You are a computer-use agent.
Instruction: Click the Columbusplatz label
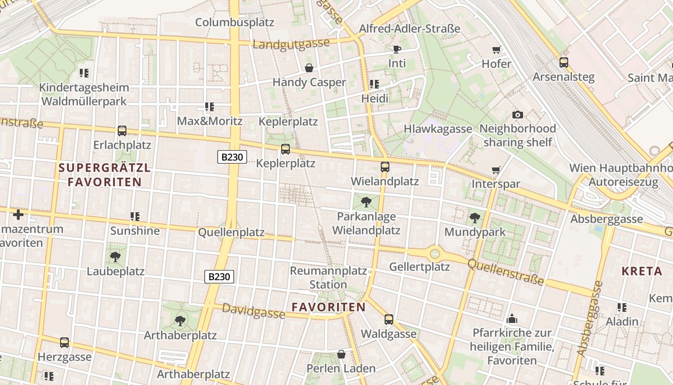tap(235, 22)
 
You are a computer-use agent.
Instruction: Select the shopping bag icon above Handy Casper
tap(309, 68)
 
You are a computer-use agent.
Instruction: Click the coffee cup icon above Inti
tap(397, 49)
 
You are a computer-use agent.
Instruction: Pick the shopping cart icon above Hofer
tap(497, 50)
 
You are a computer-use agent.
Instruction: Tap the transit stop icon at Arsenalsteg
tap(563, 63)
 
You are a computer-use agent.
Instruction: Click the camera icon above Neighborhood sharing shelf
tap(517, 115)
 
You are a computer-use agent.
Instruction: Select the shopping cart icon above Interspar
tap(496, 170)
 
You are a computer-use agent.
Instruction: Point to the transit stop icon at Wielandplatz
tap(385, 167)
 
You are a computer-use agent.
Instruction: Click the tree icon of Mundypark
tap(474, 218)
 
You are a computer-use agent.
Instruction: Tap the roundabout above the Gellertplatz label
tap(435, 253)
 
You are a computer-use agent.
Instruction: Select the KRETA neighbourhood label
tap(642, 271)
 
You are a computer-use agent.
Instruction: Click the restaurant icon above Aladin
tap(622, 307)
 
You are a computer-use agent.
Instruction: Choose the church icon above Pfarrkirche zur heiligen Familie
tap(511, 319)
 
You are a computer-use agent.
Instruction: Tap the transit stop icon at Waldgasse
tap(388, 320)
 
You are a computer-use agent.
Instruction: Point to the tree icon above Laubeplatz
tap(115, 257)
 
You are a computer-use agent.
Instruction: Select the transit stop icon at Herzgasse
tap(64, 343)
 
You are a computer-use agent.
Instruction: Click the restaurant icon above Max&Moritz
tap(209, 107)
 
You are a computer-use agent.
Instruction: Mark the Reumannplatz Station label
tap(328, 278)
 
